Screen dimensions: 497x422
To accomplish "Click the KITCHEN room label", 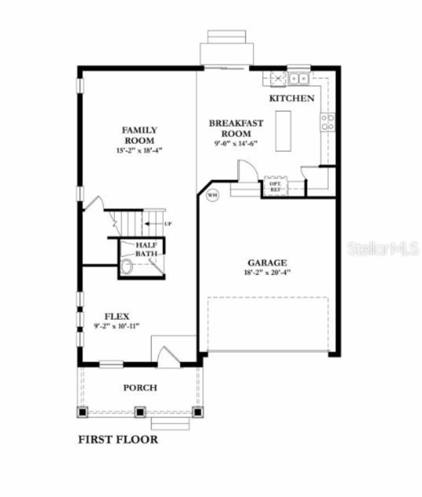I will pyautogui.click(x=292, y=98).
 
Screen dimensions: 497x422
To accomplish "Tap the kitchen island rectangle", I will pyautogui.click(x=283, y=131).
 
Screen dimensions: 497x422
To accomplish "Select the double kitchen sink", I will pyautogui.click(x=298, y=79).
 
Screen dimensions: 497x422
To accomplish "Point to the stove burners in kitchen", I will pyautogui.click(x=328, y=122).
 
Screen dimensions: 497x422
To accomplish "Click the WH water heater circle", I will pyautogui.click(x=212, y=195).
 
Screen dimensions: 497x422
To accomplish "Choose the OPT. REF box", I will pyautogui.click(x=276, y=187).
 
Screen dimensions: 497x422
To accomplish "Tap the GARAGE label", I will pyautogui.click(x=267, y=263).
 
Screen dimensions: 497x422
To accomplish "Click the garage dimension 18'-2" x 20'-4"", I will pyautogui.click(x=267, y=273).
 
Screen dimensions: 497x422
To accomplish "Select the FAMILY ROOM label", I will pyautogui.click(x=139, y=135).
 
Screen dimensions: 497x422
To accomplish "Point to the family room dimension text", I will pyautogui.click(x=139, y=151).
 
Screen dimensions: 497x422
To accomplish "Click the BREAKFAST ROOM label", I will pyautogui.click(x=236, y=128).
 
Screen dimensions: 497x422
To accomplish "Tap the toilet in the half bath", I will pyautogui.click(x=126, y=266).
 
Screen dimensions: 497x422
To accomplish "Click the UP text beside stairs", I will pyautogui.click(x=168, y=224).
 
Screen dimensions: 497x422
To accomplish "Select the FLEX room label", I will pyautogui.click(x=117, y=316).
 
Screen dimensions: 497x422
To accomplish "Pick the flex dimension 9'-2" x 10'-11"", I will pyautogui.click(x=117, y=326).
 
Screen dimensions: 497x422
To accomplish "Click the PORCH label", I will pyautogui.click(x=140, y=388).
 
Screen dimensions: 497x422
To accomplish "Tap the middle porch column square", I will pyautogui.click(x=140, y=412).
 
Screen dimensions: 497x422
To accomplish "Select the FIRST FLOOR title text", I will pyautogui.click(x=118, y=440).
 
